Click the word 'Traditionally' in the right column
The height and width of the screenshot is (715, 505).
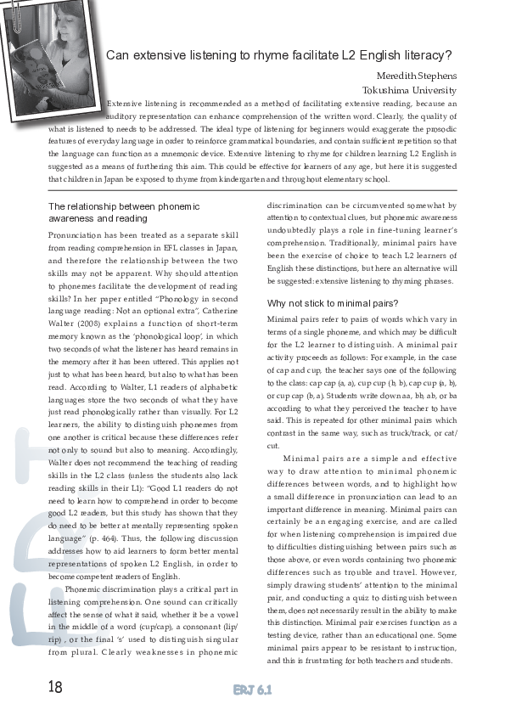pos(359,241)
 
